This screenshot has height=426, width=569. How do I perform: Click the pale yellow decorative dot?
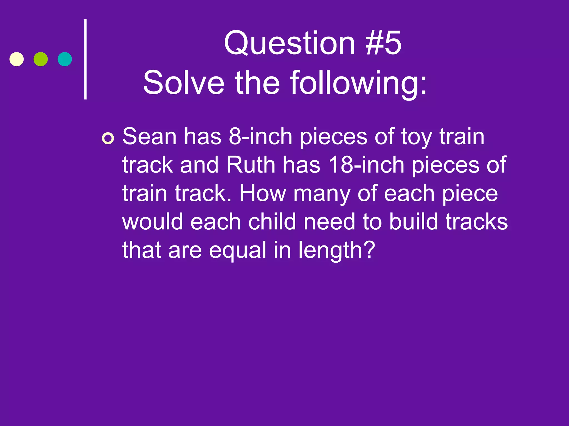tap(17, 59)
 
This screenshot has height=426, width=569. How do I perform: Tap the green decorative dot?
tap(41, 59)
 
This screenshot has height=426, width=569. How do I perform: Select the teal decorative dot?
tap(65, 59)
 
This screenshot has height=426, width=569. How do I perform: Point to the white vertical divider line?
tap(86, 59)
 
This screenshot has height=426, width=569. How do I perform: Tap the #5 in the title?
tap(383, 43)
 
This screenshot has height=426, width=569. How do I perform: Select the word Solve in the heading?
tap(184, 83)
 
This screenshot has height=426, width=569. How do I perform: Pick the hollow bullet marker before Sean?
tap(108, 138)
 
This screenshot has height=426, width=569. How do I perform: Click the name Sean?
tap(149, 136)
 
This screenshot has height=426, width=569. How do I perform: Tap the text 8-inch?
tap(260, 136)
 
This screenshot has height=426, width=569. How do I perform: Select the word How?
tap(263, 193)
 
